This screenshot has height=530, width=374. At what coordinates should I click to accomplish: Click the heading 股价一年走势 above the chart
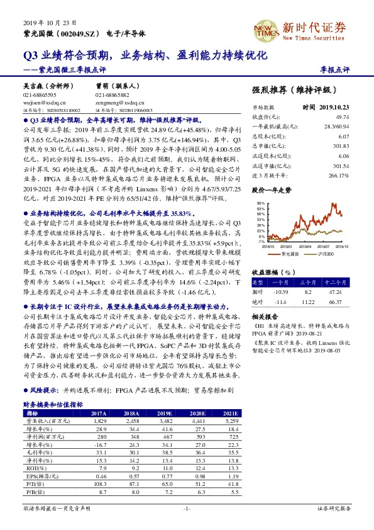click(272, 189)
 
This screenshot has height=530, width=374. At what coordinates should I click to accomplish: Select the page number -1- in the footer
click(187, 507)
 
